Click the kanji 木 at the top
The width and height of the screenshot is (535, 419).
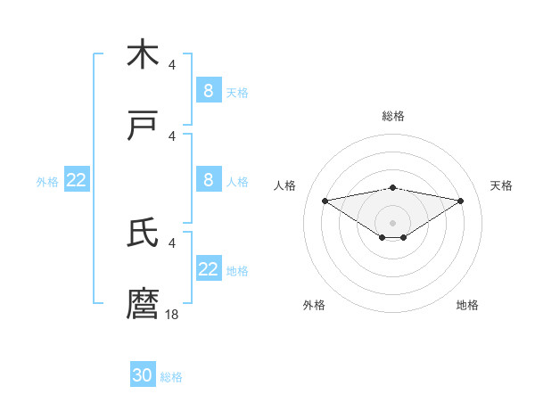pos(143,54)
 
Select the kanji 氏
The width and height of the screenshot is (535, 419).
pos(143,233)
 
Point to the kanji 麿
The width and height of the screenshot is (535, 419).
pos(143,303)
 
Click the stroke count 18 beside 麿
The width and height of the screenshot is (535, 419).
pos(172,314)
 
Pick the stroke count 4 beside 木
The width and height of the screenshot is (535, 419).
pos(172,65)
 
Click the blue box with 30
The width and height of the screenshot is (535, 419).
pos(143,375)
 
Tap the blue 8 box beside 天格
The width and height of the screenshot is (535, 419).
pos(209,90)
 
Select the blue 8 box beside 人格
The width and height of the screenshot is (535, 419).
pos(209,180)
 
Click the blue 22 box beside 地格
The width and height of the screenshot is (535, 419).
pos(209,269)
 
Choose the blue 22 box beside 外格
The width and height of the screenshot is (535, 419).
pos(77,180)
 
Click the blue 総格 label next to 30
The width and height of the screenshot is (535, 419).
pos(171,377)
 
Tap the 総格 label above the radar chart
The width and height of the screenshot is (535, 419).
pos(393,116)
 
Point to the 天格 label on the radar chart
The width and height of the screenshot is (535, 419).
pos(502,185)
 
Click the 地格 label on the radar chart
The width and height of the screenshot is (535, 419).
pos(467,305)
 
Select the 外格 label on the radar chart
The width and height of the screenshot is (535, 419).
pos(314,305)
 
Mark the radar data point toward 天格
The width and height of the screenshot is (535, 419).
pos(461,201)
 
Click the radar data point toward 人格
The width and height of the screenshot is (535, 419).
pos(325,201)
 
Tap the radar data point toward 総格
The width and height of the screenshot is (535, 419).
pos(393,187)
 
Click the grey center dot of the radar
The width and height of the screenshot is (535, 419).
pos(393,222)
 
